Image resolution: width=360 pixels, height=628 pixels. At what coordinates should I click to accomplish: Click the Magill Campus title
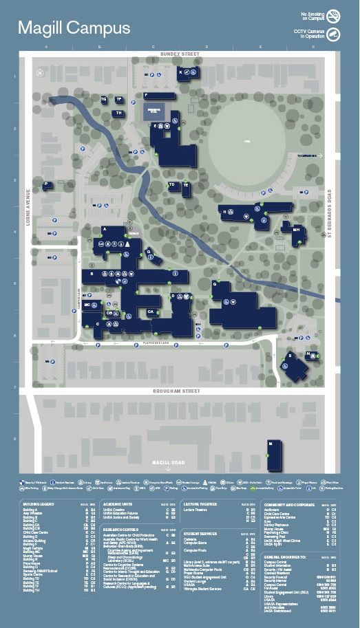tap(74, 28)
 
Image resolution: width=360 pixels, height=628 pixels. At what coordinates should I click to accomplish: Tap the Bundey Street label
tap(179, 53)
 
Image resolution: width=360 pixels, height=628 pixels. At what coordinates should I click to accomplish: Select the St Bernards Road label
tap(330, 215)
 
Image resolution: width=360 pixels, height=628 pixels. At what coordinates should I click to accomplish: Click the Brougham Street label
tap(179, 391)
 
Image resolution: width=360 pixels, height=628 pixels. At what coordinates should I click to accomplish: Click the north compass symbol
tap(41, 72)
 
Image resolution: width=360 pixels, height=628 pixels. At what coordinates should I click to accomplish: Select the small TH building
tap(119, 113)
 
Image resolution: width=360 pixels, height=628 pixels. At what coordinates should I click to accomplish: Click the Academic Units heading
tap(117, 504)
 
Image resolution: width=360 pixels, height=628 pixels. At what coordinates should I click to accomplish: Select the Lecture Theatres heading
tap(200, 504)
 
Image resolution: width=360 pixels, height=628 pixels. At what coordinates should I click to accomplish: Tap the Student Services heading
tap(200, 533)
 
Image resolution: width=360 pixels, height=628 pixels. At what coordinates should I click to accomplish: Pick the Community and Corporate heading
tap(289, 504)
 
